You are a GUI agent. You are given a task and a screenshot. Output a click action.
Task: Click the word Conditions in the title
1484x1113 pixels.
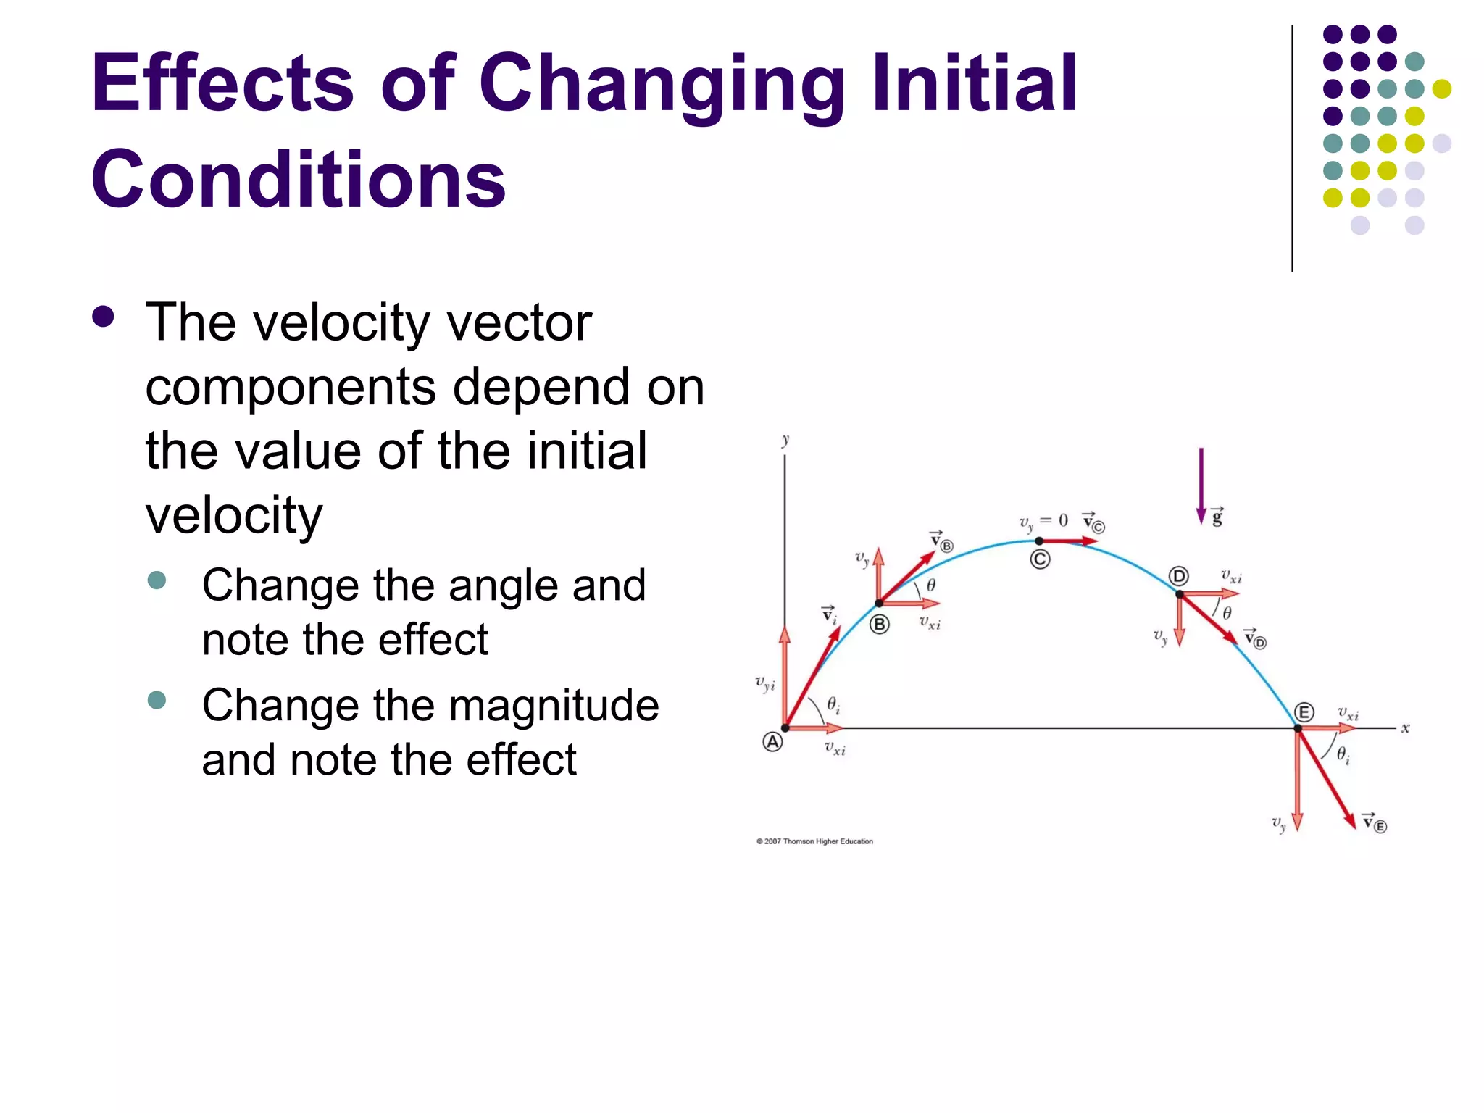298,180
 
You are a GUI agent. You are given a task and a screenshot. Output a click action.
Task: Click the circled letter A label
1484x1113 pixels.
772,742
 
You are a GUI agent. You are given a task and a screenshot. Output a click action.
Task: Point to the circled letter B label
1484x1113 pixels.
879,624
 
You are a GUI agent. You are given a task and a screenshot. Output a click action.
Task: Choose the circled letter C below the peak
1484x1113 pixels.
1040,559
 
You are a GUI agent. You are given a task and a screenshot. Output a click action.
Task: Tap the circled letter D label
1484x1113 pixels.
1179,576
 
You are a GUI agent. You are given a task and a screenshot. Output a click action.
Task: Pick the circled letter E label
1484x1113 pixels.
1304,712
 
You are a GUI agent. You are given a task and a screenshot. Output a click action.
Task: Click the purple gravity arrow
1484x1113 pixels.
1201,485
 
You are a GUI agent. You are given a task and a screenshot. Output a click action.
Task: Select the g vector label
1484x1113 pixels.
1217,517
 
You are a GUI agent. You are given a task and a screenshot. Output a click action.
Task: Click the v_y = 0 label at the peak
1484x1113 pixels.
1043,522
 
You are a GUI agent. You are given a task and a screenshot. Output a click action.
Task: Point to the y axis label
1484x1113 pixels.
785,440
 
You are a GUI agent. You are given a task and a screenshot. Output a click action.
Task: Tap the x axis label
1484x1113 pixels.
1405,728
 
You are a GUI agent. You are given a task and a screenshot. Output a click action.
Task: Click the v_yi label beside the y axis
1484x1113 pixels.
764,683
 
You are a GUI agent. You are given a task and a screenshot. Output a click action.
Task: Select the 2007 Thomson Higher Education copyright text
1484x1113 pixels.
814,841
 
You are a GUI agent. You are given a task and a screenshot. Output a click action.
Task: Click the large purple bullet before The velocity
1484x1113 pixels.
104,317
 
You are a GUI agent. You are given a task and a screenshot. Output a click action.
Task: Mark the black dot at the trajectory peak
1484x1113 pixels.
1039,541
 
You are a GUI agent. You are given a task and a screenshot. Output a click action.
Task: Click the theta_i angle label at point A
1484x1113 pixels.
833,704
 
